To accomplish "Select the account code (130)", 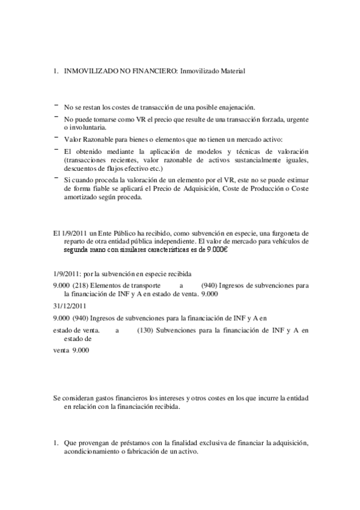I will pyautogui.click(x=145, y=330).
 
